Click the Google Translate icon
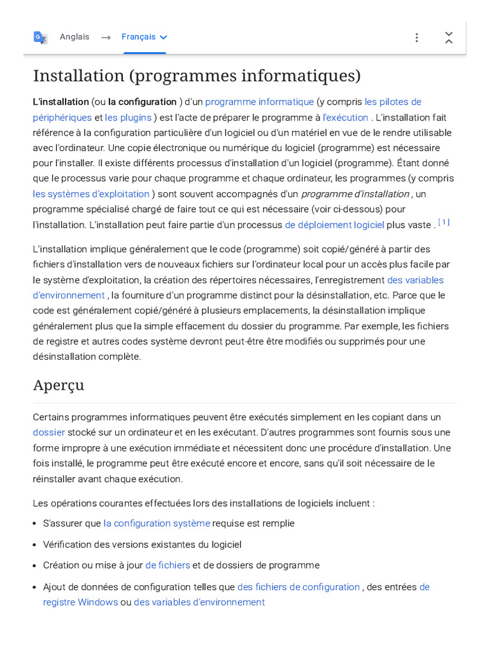point(40,38)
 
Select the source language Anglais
point(74,37)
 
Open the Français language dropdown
point(145,37)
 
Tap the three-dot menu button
point(416,38)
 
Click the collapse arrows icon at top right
point(449,38)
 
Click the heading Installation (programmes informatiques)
point(197,76)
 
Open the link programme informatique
point(259,102)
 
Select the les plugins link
point(128,117)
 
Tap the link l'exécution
point(346,117)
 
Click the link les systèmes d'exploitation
point(91,194)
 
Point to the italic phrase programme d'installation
point(355,194)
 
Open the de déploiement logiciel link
point(334,225)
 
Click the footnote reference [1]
point(444,222)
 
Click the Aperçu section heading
point(59,385)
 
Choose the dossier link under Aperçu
point(49,432)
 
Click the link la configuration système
point(157,523)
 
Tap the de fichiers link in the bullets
point(167,565)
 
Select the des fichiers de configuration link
point(298,587)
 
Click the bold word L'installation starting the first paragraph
point(61,102)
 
